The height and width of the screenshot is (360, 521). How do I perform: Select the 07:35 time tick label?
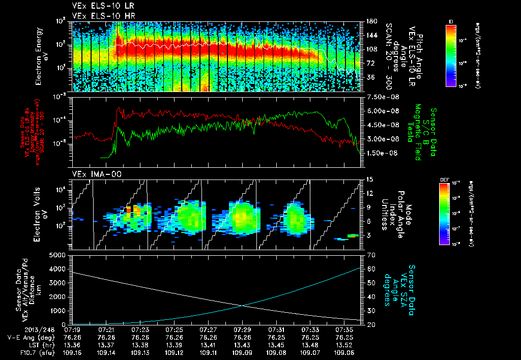pyautogui.click(x=344, y=329)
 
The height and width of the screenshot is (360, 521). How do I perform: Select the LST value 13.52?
pyautogui.click(x=344, y=345)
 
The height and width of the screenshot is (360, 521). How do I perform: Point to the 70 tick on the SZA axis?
pyautogui.click(x=370, y=255)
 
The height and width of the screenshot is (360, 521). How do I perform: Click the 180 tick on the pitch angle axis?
pyautogui.click(x=371, y=21)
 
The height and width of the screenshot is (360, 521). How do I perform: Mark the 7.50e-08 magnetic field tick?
pyautogui.click(x=380, y=97)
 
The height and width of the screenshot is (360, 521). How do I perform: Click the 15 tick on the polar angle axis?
pyautogui.click(x=370, y=179)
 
